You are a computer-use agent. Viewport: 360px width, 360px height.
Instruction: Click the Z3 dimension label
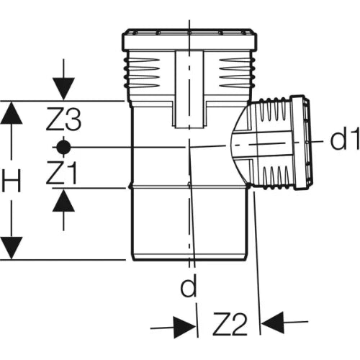click(x=63, y=120)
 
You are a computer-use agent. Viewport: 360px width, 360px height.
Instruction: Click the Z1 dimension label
click(x=62, y=173)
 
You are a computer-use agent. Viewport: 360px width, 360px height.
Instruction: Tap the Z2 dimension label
click(x=230, y=324)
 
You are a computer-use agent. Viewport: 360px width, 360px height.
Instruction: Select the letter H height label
click(x=12, y=180)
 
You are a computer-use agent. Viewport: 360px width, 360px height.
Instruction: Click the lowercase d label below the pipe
click(x=189, y=285)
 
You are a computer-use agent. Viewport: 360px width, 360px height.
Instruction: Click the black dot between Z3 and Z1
click(x=63, y=147)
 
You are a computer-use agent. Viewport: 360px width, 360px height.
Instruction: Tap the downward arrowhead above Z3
click(x=63, y=89)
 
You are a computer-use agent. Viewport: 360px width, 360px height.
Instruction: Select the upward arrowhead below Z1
click(x=63, y=201)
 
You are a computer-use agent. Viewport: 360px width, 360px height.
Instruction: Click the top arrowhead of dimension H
click(x=12, y=113)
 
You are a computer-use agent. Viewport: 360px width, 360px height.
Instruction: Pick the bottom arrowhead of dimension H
click(x=12, y=248)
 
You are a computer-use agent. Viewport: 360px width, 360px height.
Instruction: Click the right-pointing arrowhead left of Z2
click(x=185, y=326)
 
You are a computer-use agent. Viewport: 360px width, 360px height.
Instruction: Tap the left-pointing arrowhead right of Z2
click(x=273, y=323)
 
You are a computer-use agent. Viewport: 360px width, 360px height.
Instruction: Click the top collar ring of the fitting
click(x=189, y=40)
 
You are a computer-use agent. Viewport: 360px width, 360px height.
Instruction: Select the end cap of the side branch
click(x=300, y=143)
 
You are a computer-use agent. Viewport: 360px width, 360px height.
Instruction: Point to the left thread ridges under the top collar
click(x=142, y=73)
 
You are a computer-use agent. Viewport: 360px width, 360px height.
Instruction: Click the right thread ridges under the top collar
click(x=237, y=73)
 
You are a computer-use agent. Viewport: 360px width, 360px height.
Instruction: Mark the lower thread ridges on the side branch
click(x=276, y=176)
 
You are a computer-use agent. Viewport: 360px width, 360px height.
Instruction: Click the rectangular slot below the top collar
click(x=189, y=89)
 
